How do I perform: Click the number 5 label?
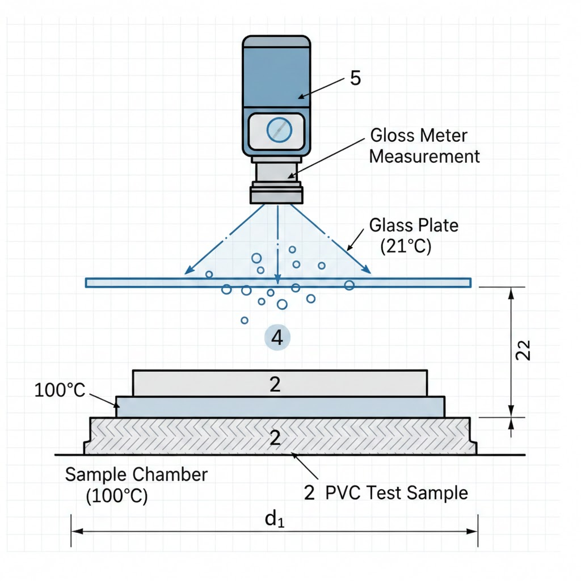click(355, 78)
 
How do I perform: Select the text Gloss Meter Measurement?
click(424, 146)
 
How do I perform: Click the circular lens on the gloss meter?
click(279, 129)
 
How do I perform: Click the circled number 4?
click(277, 338)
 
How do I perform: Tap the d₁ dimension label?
click(275, 518)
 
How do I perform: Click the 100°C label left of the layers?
click(60, 390)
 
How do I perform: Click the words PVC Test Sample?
click(397, 493)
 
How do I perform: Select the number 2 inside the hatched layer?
click(275, 437)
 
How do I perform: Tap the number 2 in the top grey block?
click(275, 384)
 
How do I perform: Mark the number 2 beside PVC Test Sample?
click(309, 493)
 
